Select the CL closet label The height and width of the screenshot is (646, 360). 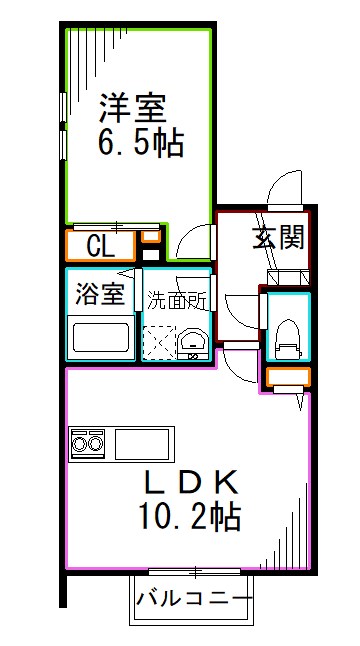[x=99, y=246]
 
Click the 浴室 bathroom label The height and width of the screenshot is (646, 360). [x=100, y=295]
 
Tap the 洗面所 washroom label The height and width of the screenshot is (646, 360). [x=178, y=299]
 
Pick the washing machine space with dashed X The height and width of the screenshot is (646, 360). [x=159, y=341]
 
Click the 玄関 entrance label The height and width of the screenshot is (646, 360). [x=276, y=238]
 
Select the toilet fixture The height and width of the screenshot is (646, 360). [x=288, y=335]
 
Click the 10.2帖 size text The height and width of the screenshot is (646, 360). [x=189, y=518]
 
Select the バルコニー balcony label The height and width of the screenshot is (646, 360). [x=190, y=602]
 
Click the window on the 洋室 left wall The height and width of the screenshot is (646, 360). [x=63, y=125]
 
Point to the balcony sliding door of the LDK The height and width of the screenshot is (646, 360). [x=190, y=572]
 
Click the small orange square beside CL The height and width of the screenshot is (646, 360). [x=149, y=237]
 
